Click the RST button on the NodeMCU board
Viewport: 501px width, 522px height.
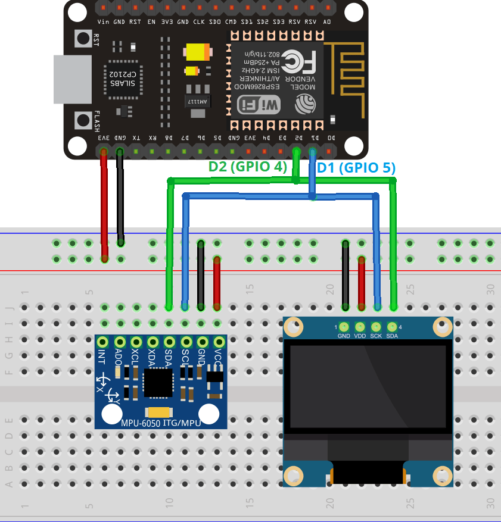point(82,39)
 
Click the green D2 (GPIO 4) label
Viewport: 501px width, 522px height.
point(247,167)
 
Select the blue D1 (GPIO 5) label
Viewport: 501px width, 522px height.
point(356,168)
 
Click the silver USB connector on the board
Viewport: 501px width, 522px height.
point(72,80)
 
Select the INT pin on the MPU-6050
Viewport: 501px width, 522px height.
point(103,342)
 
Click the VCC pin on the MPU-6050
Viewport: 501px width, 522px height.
point(219,342)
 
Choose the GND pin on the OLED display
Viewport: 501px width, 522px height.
point(344,327)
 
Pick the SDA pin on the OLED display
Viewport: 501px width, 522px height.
point(392,327)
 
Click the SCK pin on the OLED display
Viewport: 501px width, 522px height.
point(376,327)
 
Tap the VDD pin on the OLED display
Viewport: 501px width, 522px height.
point(360,327)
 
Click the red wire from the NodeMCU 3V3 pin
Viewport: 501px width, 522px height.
point(104,202)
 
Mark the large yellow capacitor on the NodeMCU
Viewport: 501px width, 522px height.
point(198,52)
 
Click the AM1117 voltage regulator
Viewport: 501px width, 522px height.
point(197,98)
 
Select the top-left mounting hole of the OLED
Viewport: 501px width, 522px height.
point(292,326)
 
